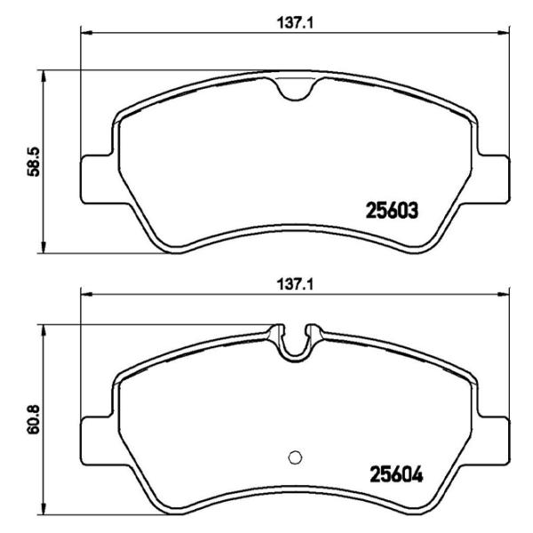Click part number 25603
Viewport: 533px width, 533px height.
(x=393, y=211)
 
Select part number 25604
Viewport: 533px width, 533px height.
(x=393, y=473)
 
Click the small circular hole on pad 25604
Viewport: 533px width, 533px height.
(x=296, y=457)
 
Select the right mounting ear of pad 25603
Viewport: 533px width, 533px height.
(x=493, y=178)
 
